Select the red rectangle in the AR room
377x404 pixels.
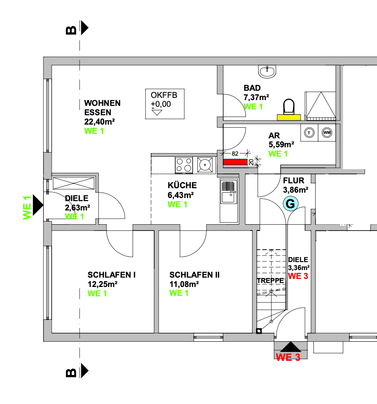[236, 162]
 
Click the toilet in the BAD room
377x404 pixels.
[289, 107]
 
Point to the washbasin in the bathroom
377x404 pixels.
[267, 71]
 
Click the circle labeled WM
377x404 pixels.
[327, 133]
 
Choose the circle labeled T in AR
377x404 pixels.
[309, 133]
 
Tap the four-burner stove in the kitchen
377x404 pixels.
[184, 165]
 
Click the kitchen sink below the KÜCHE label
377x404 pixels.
[229, 200]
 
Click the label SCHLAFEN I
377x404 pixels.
[112, 275]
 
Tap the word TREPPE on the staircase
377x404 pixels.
[270, 281]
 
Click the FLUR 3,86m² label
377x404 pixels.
[296, 185]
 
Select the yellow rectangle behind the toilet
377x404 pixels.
[289, 117]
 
